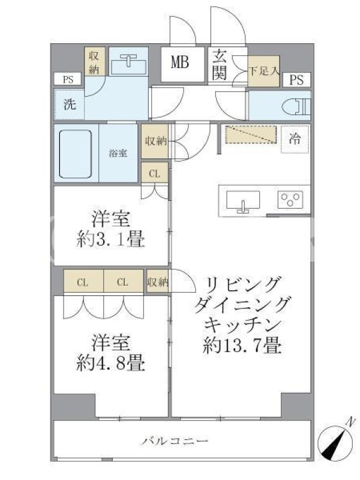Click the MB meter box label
click(180, 62)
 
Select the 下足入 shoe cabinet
click(263, 71)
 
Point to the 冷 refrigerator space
click(295, 139)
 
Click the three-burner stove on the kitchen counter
click(290, 200)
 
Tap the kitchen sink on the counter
click(243, 202)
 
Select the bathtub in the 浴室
click(76, 154)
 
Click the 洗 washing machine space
click(70, 104)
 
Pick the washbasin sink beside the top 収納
click(128, 65)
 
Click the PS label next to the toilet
click(296, 80)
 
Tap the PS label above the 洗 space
click(68, 80)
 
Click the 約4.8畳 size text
click(110, 364)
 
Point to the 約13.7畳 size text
click(242, 346)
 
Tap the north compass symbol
click(337, 439)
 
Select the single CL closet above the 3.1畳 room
click(155, 173)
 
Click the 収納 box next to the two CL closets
click(158, 281)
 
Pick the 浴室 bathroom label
click(118, 154)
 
